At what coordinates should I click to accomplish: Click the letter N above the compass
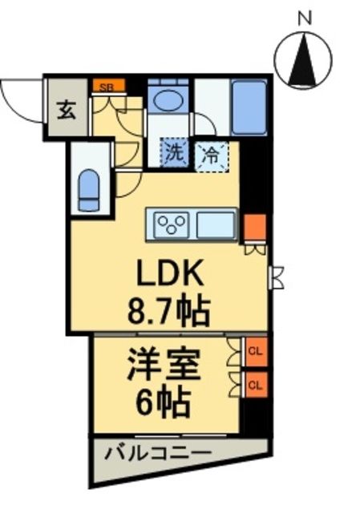pyautogui.click(x=304, y=15)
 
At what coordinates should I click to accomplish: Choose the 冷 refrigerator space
pyautogui.click(x=210, y=152)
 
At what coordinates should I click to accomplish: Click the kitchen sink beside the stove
pyautogui.click(x=216, y=224)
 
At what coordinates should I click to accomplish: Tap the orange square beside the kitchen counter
pyautogui.click(x=253, y=227)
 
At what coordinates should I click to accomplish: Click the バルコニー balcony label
pyautogui.click(x=158, y=454)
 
